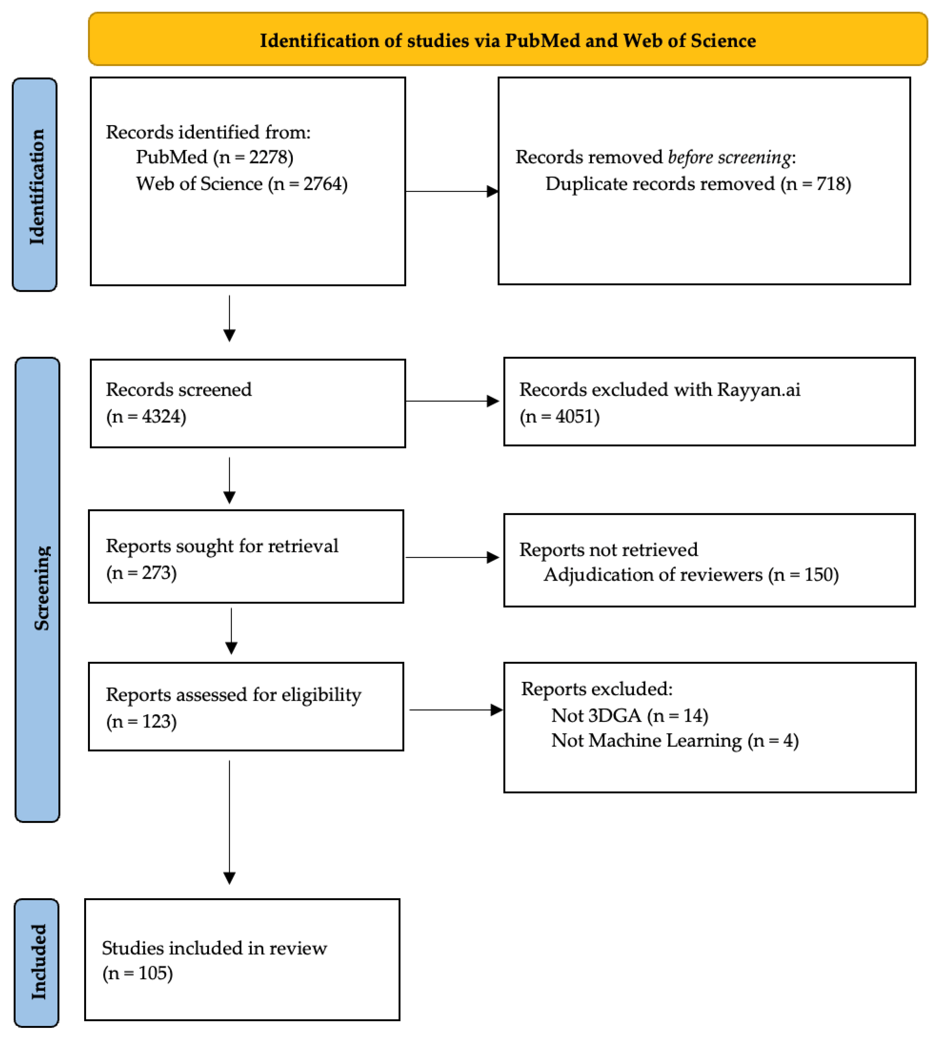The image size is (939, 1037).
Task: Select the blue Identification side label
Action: (x=35, y=185)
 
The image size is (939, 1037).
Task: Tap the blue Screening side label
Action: (x=38, y=589)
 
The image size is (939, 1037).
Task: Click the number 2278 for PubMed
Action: (x=270, y=156)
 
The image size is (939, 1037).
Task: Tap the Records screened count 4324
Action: (x=163, y=416)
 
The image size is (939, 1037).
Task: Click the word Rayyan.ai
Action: (x=758, y=389)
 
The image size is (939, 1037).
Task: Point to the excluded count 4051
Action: (x=576, y=416)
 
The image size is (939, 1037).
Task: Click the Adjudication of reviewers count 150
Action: (x=821, y=574)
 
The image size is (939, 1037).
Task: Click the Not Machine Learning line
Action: (x=674, y=740)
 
